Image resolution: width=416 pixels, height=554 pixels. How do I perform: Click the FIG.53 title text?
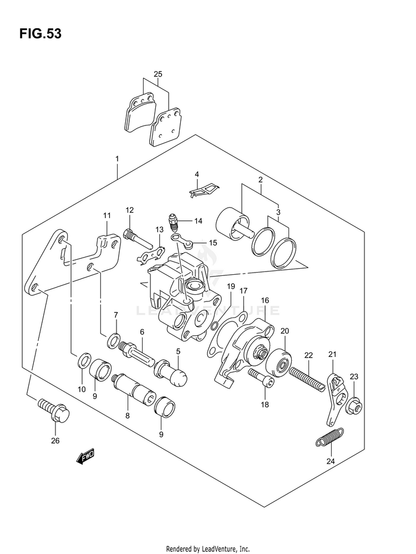40,34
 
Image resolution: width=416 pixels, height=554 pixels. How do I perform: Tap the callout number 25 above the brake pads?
158,74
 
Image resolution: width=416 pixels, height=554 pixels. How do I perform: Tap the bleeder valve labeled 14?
174,221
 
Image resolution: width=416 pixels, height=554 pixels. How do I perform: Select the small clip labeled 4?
203,191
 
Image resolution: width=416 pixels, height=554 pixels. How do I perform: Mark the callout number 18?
265,404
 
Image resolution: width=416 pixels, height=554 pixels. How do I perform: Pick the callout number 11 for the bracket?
106,215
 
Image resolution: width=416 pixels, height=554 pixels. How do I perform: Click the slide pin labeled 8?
128,390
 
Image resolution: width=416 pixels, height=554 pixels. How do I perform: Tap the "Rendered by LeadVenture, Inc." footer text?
208,548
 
